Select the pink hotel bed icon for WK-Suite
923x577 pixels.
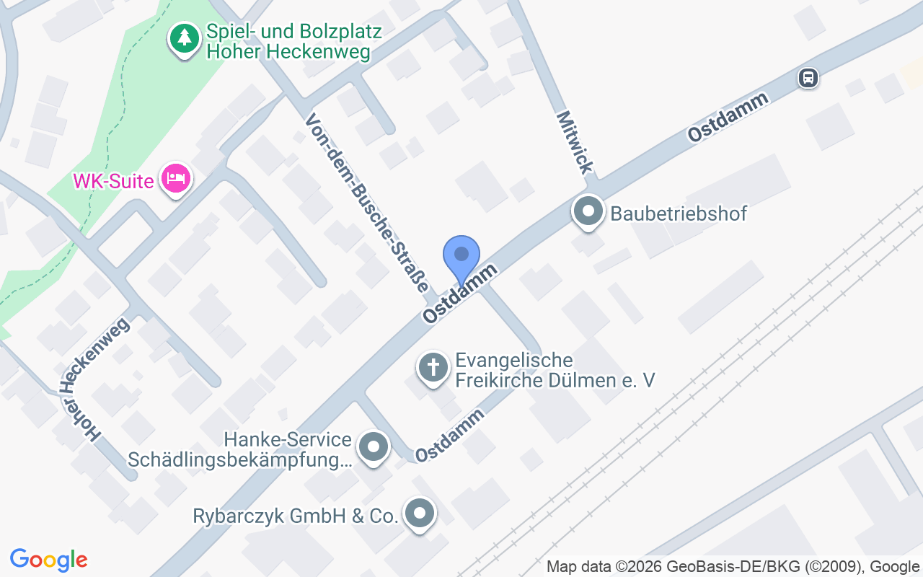click(x=176, y=177)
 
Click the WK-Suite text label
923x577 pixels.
click(x=114, y=180)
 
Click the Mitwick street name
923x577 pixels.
click(x=575, y=142)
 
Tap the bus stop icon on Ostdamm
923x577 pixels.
click(x=808, y=77)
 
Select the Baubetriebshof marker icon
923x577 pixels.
click(x=588, y=211)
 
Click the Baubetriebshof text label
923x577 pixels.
click(x=679, y=213)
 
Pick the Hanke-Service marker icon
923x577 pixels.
click(x=373, y=447)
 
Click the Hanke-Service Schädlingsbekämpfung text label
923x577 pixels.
click(x=239, y=449)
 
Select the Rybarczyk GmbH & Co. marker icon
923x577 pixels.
click(x=420, y=514)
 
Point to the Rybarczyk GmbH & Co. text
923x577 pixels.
click(x=295, y=516)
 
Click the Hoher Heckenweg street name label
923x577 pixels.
click(x=94, y=379)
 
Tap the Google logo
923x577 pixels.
click(x=48, y=560)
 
